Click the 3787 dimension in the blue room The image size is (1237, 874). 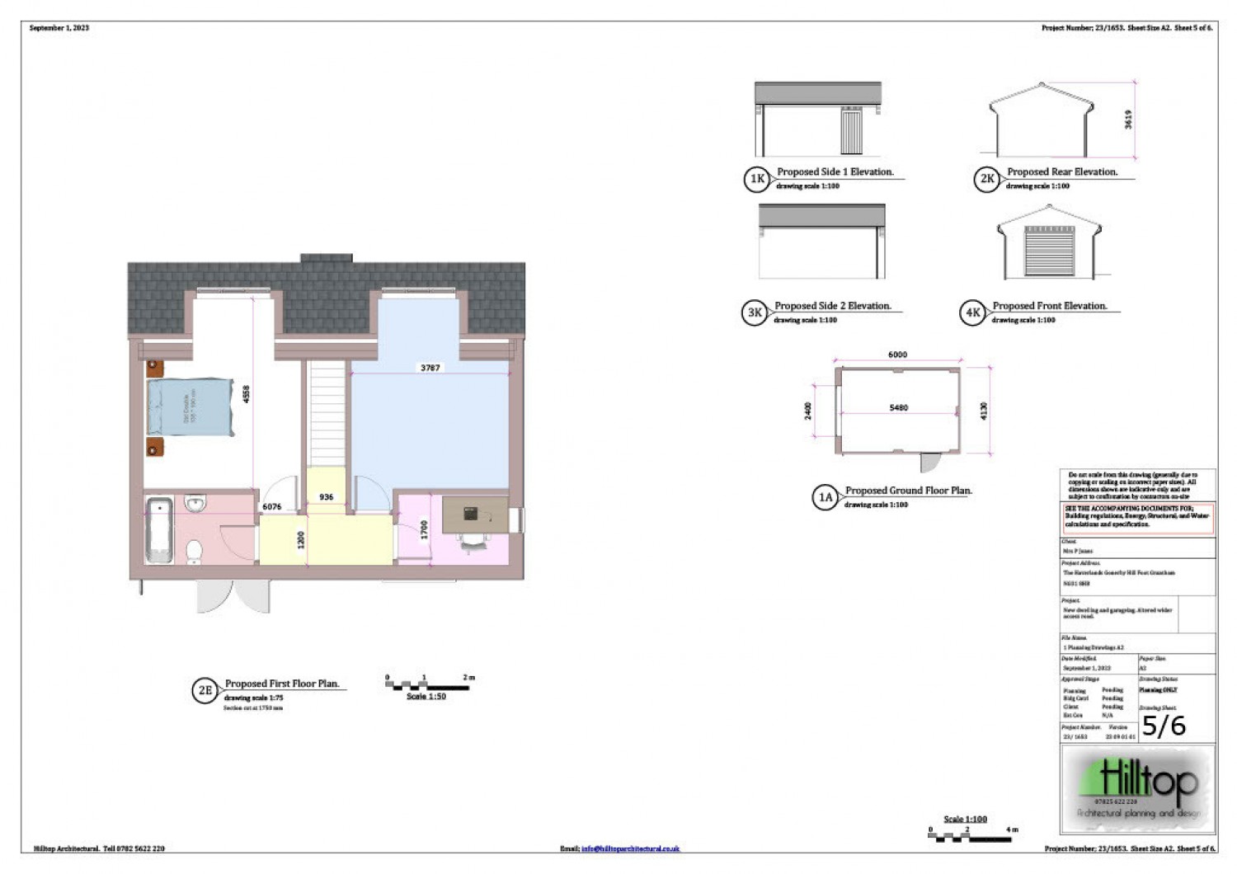point(430,368)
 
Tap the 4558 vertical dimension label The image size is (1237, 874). point(246,394)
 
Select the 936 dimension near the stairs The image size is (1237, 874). point(326,497)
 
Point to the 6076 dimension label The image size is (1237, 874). point(271,507)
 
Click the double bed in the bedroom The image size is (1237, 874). point(190,407)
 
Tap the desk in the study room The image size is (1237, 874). point(475,515)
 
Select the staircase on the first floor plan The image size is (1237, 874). point(327,412)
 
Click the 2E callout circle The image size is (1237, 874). point(205,691)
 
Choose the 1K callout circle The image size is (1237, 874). point(756,179)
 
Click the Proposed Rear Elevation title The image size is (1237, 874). point(1062,172)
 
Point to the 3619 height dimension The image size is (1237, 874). point(1128,119)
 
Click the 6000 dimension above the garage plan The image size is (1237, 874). point(897,355)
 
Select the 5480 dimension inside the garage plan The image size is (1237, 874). point(898,407)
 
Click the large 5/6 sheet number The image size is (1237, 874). point(1164,726)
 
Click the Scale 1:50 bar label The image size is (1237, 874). point(426,697)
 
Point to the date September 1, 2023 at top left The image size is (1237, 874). point(59,28)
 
